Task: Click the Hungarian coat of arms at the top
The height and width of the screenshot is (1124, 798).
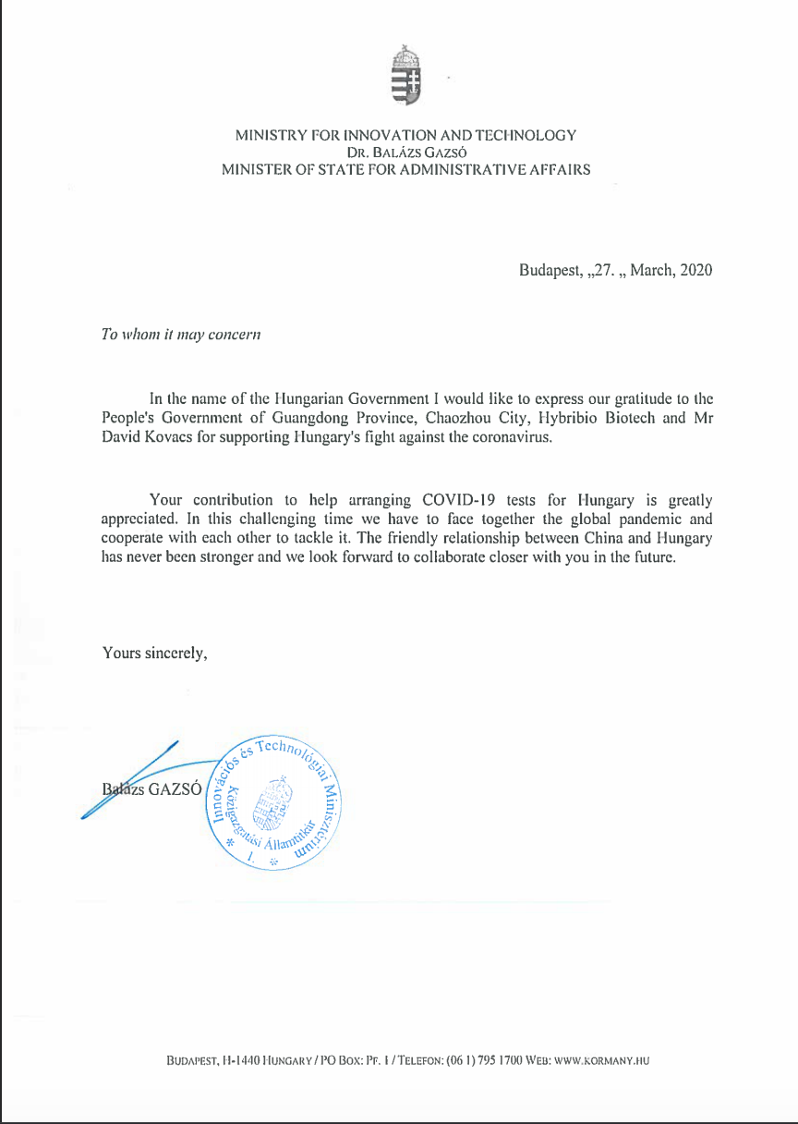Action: [406, 73]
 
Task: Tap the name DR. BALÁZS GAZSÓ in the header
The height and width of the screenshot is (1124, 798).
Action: [406, 153]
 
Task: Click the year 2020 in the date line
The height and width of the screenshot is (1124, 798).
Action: [695, 271]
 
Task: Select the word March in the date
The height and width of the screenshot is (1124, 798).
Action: [651, 271]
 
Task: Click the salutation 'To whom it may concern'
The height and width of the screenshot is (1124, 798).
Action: [180, 334]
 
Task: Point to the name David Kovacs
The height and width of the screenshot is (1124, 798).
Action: [144, 437]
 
